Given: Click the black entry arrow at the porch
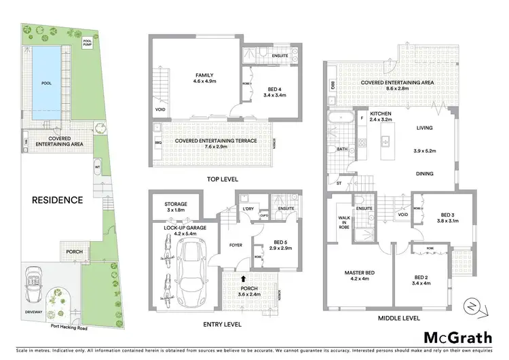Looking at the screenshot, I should click(x=244, y=278).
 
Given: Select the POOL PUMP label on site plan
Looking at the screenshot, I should click(x=87, y=42).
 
